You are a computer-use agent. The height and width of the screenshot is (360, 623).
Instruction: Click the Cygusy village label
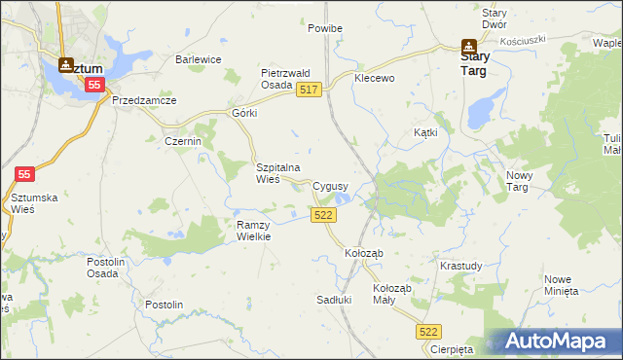(332, 186)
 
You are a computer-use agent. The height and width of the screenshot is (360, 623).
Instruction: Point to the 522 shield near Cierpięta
(429, 332)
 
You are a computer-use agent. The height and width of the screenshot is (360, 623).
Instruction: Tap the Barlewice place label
(199, 59)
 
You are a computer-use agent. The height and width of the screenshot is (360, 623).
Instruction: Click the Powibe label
(325, 29)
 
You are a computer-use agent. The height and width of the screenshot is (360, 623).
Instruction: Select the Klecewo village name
(375, 78)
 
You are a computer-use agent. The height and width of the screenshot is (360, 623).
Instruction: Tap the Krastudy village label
(460, 266)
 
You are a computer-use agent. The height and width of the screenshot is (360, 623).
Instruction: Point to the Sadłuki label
(334, 300)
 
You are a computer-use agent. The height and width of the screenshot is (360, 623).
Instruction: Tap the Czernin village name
(182, 141)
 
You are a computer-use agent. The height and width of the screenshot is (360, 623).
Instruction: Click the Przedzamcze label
(144, 100)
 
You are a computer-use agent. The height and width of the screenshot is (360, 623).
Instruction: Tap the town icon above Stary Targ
(468, 45)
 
